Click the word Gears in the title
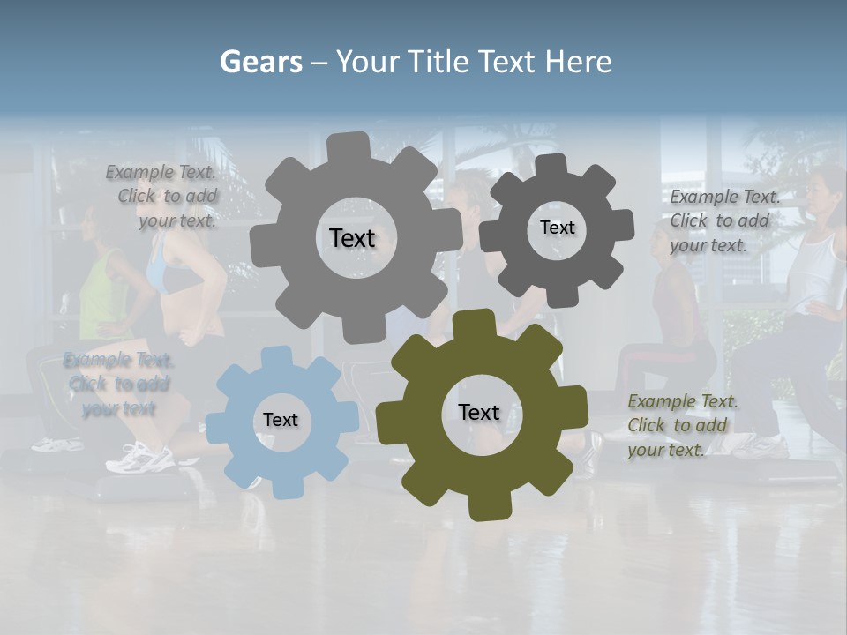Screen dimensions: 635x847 pyautogui.click(x=260, y=63)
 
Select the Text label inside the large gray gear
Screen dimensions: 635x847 pyautogui.click(x=352, y=238)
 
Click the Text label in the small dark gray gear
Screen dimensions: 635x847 pyautogui.click(x=557, y=228)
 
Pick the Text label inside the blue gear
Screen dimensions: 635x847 pyautogui.click(x=281, y=421)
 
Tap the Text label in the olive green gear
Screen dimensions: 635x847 pyautogui.click(x=479, y=413)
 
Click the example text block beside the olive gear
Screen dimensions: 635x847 pyautogui.click(x=682, y=425)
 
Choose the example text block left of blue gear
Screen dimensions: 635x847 pyautogui.click(x=118, y=384)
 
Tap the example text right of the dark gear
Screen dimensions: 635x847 pyautogui.click(x=724, y=220)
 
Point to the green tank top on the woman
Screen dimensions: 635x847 pyautogui.click(x=102, y=295)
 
